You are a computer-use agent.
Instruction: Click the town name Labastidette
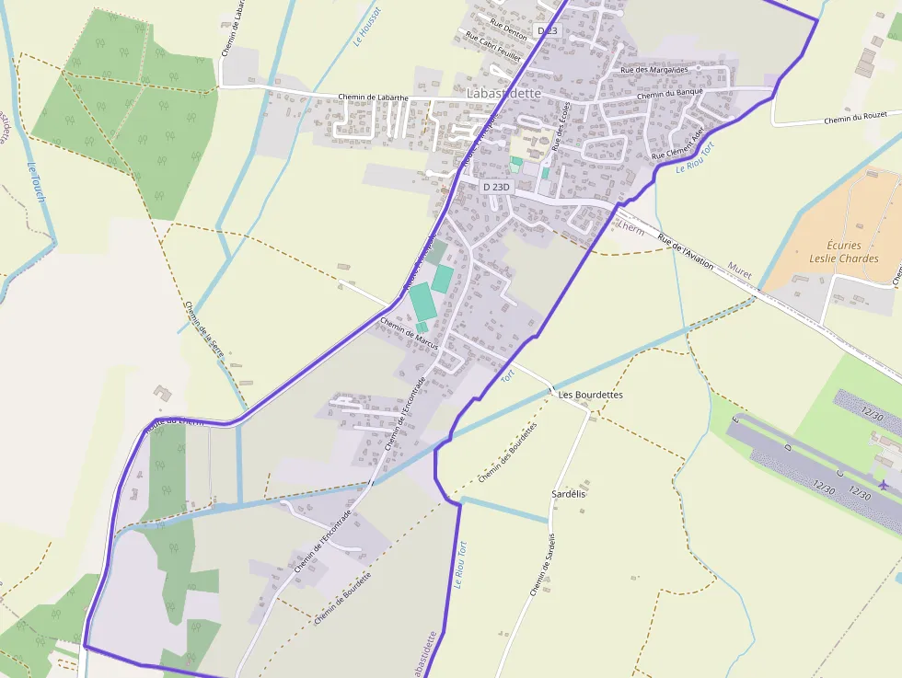505,94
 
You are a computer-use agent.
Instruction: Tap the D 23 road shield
548,31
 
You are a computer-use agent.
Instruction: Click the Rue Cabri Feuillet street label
492,46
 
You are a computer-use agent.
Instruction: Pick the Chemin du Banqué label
670,94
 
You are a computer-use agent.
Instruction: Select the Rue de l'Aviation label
686,251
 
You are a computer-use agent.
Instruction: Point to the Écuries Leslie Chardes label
843,252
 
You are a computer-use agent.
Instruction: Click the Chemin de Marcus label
409,332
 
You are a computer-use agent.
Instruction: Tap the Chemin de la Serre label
203,330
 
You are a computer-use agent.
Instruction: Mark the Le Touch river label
37,184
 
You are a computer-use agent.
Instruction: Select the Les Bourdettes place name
591,395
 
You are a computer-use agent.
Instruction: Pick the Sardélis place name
569,494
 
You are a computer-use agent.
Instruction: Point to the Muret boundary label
740,270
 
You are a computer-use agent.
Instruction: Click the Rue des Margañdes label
654,70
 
